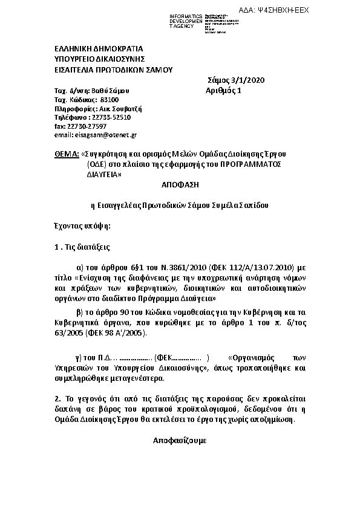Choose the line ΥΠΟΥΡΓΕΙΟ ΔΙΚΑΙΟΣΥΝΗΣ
(100, 59)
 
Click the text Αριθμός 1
(223, 91)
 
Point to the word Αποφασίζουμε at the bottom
(180, 441)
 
